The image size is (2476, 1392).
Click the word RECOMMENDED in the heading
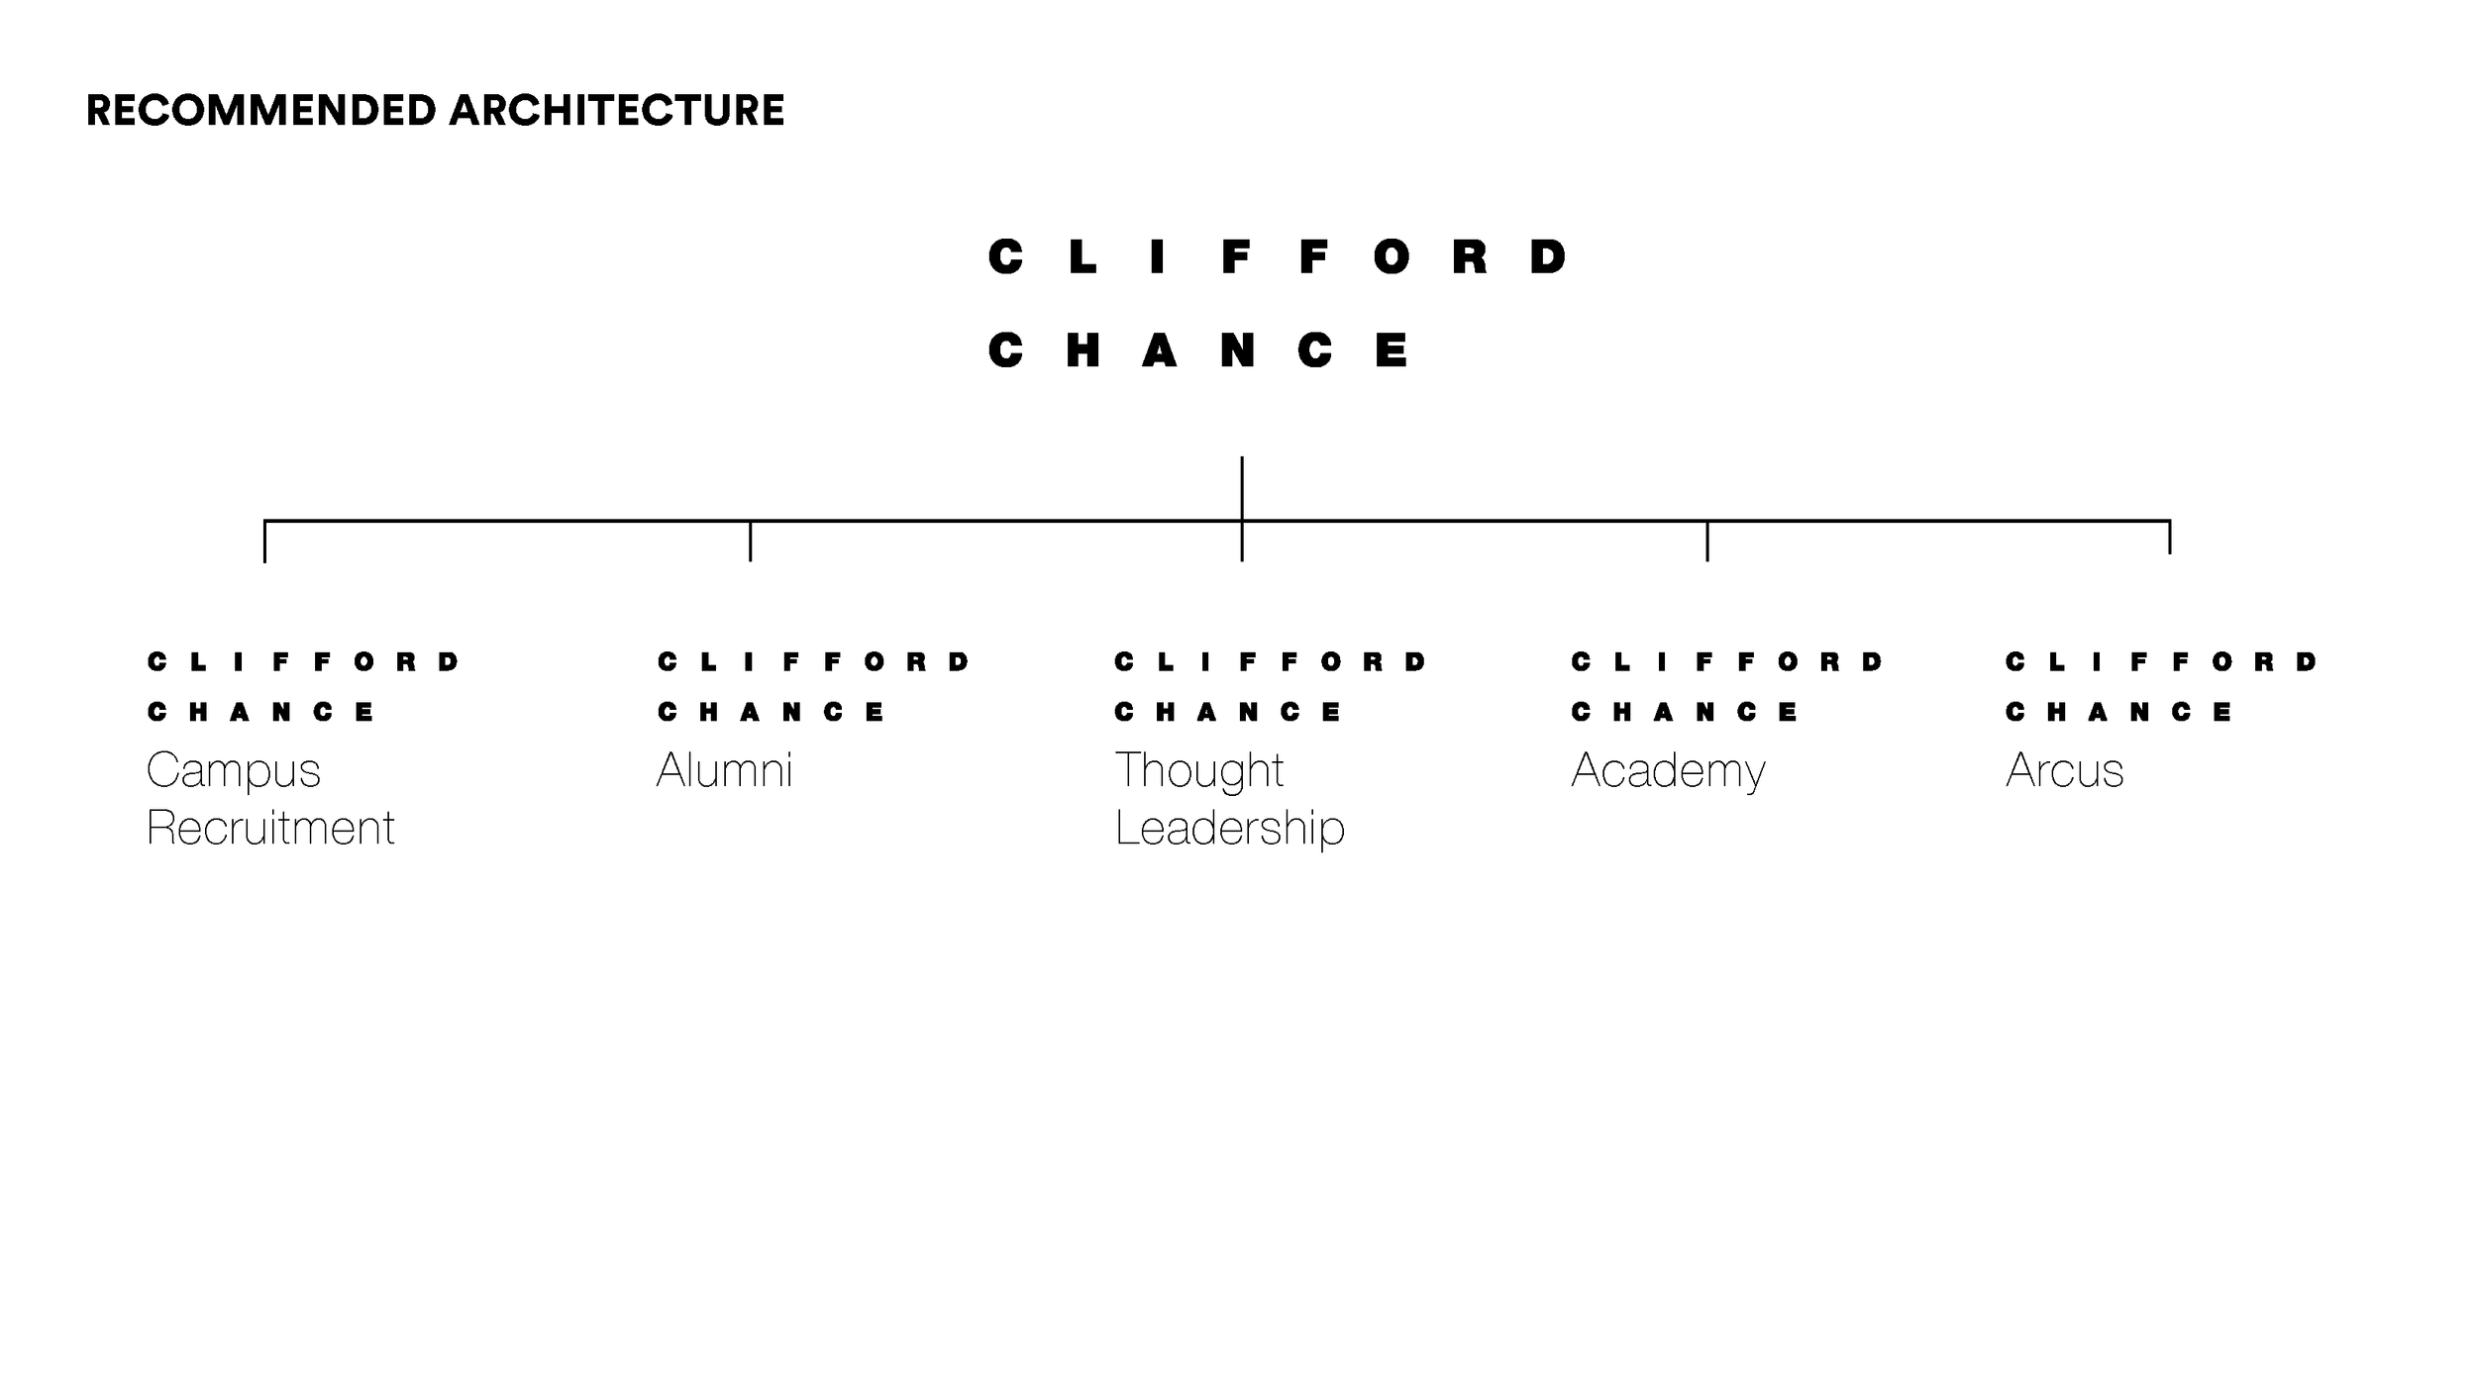point(261,110)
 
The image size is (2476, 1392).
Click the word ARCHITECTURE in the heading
point(616,110)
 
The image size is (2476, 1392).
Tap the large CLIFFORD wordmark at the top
point(1278,257)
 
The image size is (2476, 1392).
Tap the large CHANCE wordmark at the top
point(1199,350)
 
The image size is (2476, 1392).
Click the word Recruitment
point(270,828)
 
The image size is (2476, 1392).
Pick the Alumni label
point(725,770)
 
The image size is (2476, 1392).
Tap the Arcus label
point(2065,770)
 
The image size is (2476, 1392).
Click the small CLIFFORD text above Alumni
point(814,661)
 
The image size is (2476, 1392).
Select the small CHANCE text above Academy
point(1685,712)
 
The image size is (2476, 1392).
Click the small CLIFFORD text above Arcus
point(2162,661)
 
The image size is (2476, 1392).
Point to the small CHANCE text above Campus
point(261,712)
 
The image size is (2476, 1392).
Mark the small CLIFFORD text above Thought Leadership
point(1271,661)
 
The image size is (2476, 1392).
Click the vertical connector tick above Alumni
point(751,542)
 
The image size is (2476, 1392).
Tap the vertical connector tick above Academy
point(1707,542)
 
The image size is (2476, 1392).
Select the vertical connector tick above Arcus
point(2170,538)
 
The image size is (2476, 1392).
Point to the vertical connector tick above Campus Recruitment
point(264,542)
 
